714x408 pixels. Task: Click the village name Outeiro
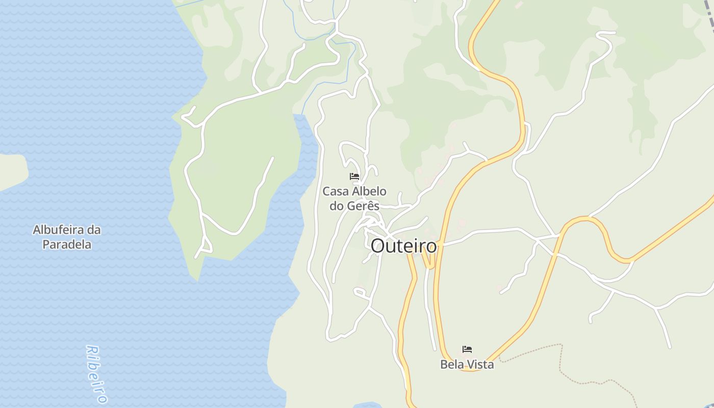[x=403, y=246]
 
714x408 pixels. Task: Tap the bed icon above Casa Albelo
[x=354, y=176]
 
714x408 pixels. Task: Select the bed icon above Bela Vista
[x=467, y=349]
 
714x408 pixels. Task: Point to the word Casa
[x=335, y=192]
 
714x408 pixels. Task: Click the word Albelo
[x=369, y=192]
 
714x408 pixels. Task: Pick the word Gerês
[x=363, y=206]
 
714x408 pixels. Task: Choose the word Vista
[x=480, y=365]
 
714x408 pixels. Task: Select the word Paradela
[x=67, y=244]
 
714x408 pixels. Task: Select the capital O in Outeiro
[x=377, y=246]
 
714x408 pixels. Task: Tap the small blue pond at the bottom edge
[x=367, y=405]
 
